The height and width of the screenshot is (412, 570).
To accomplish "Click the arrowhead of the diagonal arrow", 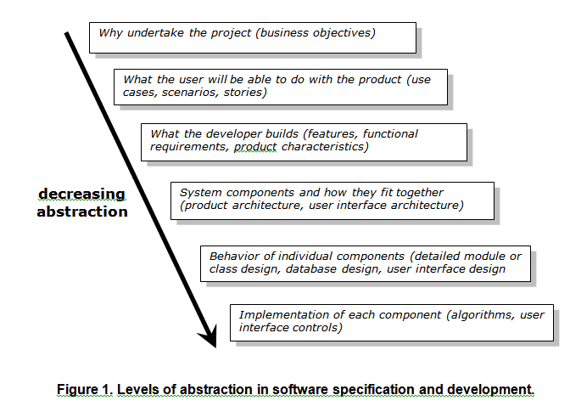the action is [x=210, y=337].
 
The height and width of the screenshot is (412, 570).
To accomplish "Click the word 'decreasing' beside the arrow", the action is [x=81, y=194].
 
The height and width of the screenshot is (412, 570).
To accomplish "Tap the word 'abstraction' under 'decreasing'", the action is [x=82, y=212].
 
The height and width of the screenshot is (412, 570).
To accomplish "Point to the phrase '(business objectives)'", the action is [x=316, y=33].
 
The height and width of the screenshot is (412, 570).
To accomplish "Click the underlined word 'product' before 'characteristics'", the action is [x=255, y=147].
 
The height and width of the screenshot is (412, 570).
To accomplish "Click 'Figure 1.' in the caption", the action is [x=85, y=389].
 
